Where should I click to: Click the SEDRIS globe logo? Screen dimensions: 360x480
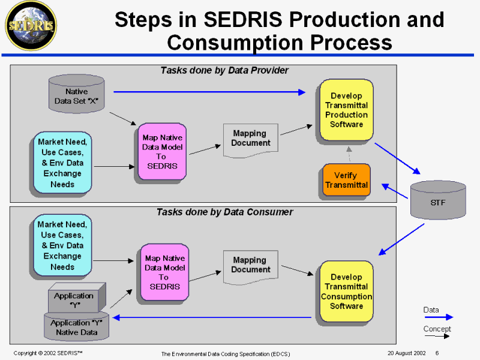pyautogui.click(x=29, y=25)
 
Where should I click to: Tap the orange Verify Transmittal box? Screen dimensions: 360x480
pyautogui.click(x=346, y=180)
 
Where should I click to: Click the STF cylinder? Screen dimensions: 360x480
pyautogui.click(x=438, y=200)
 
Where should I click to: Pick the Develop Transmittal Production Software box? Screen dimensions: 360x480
pyautogui.click(x=346, y=110)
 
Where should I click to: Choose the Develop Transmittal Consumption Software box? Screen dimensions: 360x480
pyautogui.click(x=346, y=292)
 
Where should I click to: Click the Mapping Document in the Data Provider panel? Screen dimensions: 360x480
pyautogui.click(x=249, y=139)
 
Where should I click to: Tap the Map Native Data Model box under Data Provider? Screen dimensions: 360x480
pyautogui.click(x=162, y=151)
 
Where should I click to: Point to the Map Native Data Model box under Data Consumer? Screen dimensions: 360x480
pyautogui.click(x=164, y=272)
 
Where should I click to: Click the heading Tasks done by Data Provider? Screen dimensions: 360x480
pyautogui.click(x=224, y=70)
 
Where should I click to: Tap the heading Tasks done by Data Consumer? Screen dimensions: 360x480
pyautogui.click(x=224, y=212)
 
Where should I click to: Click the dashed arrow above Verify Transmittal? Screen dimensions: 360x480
pyautogui.click(x=348, y=154)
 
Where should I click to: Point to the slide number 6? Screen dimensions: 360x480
pyautogui.click(x=437, y=353)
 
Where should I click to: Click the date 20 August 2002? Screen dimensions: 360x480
pyautogui.click(x=403, y=353)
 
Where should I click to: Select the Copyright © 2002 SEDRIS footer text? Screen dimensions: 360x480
pyautogui.click(x=48, y=353)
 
